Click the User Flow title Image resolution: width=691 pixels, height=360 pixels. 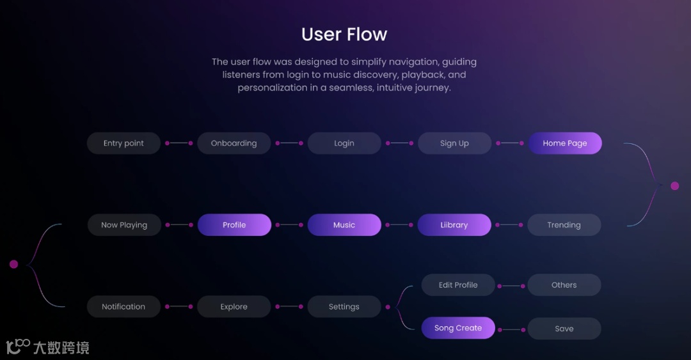coord(344,34)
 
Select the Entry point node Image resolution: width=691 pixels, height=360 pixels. coord(123,143)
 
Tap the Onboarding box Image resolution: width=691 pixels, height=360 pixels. coord(234,143)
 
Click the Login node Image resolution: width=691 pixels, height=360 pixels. coord(344,143)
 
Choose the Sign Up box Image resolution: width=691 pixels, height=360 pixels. coord(454,143)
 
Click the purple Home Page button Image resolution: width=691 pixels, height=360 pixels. coord(564,143)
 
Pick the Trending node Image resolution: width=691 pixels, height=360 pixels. coord(564,225)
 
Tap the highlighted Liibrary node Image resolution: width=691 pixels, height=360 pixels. coord(454,225)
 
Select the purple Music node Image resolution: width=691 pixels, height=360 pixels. coord(344,225)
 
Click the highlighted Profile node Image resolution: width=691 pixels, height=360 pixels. coord(234,225)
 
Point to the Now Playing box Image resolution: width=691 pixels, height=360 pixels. coord(124,225)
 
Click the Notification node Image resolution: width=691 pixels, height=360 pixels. coord(123,307)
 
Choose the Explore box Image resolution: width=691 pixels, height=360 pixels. coord(234,307)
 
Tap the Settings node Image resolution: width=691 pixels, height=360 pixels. coord(344,307)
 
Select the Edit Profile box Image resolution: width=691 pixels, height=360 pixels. coord(458,285)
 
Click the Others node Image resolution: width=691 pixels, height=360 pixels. coord(564,285)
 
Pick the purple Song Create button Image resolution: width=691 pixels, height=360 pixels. coord(458,328)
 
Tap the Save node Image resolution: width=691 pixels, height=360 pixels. coord(564,329)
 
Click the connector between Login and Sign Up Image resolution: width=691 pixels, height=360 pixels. coord(399,143)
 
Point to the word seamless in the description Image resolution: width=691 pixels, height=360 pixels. coord(350,88)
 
